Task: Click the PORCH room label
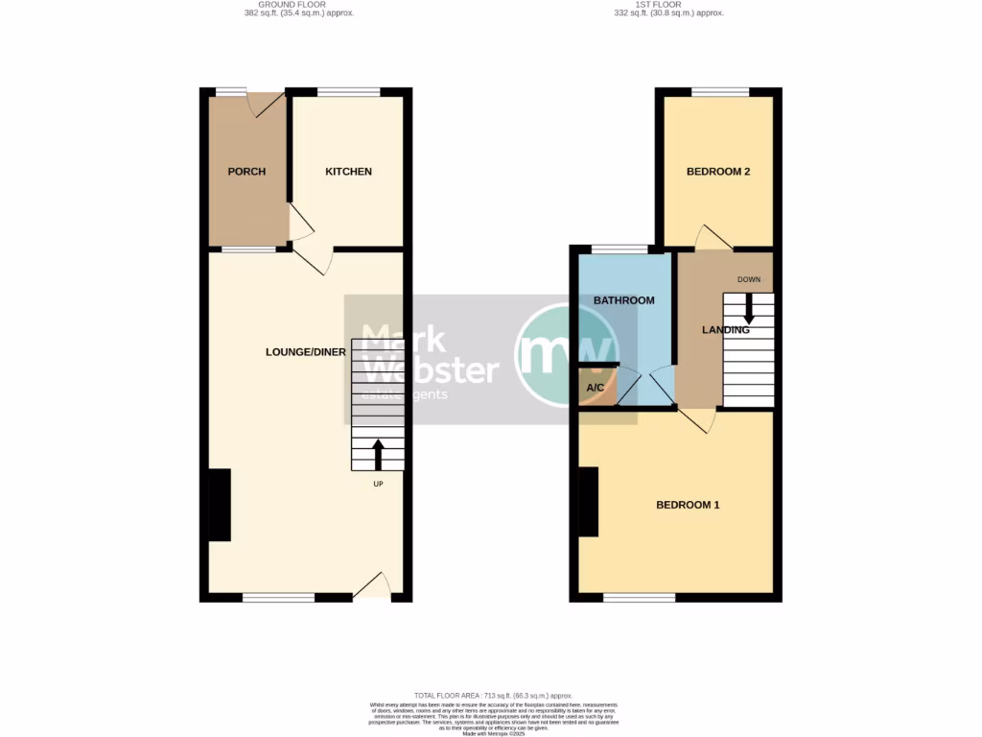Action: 246,172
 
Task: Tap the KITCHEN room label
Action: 348,172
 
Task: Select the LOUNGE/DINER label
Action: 306,352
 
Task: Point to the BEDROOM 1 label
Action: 688,505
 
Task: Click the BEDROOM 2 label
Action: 718,172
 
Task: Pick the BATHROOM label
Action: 623,300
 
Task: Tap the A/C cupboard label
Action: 596,388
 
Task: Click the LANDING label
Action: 725,330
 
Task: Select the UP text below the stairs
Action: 378,484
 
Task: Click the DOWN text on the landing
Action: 749,279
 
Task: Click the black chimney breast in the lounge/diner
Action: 220,505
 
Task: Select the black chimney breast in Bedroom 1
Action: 589,502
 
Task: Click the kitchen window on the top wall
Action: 348,92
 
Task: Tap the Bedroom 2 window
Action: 720,92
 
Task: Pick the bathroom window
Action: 619,250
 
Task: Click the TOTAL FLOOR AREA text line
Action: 493,695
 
